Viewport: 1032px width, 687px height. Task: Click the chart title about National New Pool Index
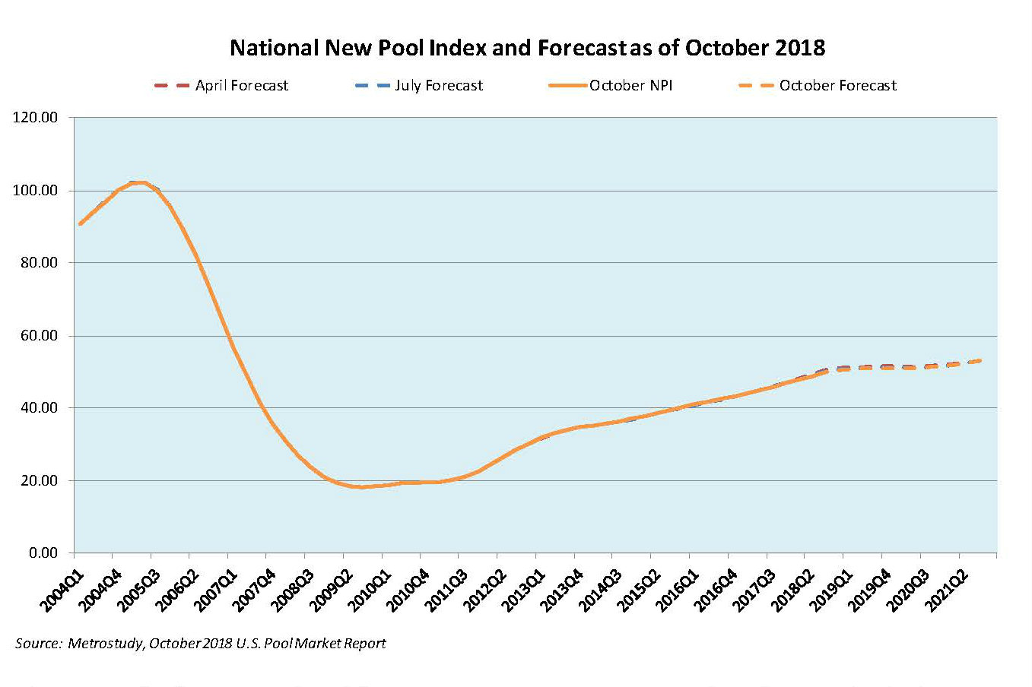click(x=527, y=48)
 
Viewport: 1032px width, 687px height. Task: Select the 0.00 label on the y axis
click(x=43, y=552)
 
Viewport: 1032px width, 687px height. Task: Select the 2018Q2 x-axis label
click(x=789, y=590)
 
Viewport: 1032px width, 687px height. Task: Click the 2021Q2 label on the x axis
click(x=943, y=590)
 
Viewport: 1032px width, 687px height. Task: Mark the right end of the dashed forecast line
click(x=982, y=360)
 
